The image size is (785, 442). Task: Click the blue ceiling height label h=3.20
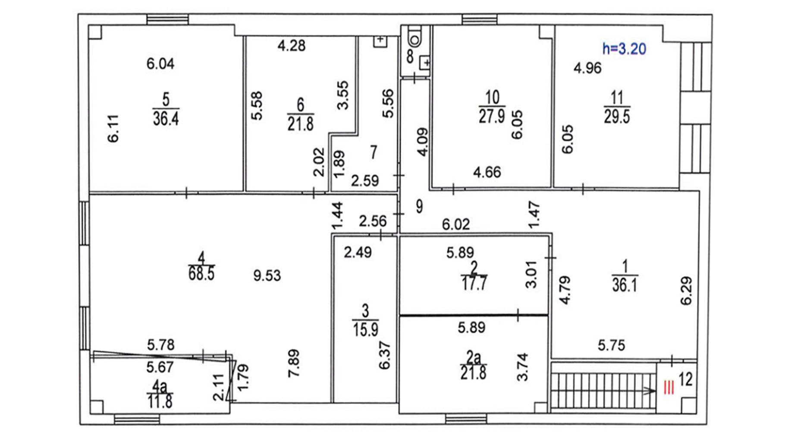(x=624, y=49)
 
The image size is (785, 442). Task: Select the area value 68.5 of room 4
(x=201, y=274)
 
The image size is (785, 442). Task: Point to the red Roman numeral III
(x=669, y=388)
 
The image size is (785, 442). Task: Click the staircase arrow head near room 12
(x=650, y=391)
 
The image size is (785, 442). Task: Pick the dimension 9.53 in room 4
(x=267, y=275)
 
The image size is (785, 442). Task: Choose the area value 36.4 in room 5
(x=166, y=118)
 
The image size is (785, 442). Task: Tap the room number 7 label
(x=374, y=152)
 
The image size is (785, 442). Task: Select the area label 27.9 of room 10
(x=492, y=116)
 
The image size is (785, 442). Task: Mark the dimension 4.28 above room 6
(x=292, y=45)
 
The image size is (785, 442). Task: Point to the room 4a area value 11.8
(x=160, y=402)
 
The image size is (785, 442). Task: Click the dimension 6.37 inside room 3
(x=384, y=355)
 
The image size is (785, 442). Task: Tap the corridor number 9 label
(x=419, y=207)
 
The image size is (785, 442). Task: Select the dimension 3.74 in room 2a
(x=522, y=367)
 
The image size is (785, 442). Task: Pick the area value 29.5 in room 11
(x=617, y=117)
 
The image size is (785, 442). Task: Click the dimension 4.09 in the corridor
(x=423, y=142)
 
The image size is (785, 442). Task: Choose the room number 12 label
(x=686, y=379)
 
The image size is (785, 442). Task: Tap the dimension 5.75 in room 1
(x=611, y=345)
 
